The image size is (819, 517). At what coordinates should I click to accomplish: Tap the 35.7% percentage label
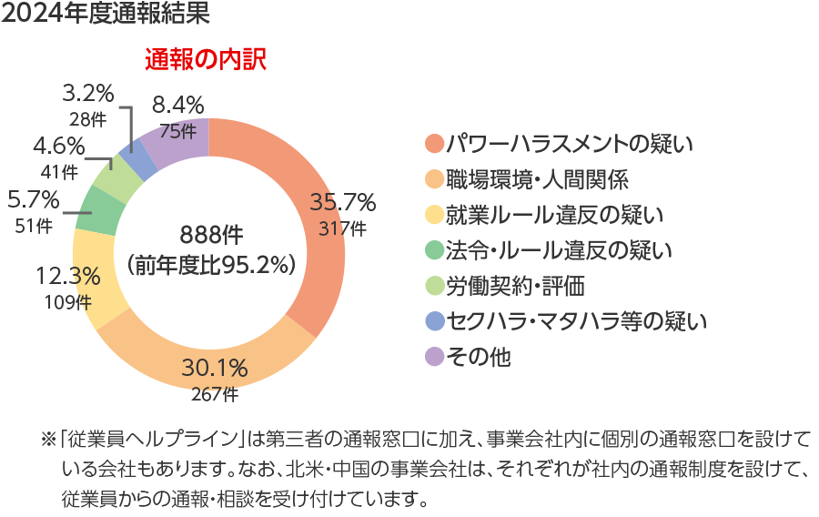click(342, 202)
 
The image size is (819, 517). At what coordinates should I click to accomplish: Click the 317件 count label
click(342, 228)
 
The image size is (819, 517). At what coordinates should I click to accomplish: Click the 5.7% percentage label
click(33, 198)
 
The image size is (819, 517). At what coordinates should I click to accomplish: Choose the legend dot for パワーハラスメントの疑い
click(434, 143)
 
